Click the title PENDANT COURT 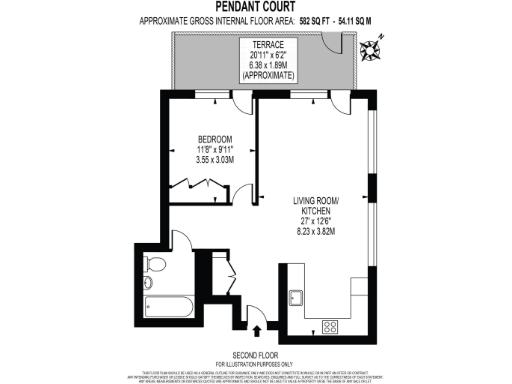tap(255, 7)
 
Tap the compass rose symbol tap(375, 43)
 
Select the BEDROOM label tap(215, 138)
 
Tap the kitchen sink tap(295, 299)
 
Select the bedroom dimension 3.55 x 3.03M tap(215, 158)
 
